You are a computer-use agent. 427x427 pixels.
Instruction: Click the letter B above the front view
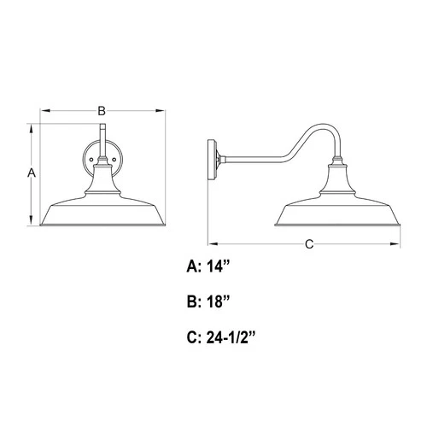coord(101,110)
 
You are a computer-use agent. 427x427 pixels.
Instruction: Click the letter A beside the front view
coord(31,173)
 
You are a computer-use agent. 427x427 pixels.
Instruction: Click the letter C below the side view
coord(309,244)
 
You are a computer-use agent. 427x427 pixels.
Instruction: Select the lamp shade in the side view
coord(336,211)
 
